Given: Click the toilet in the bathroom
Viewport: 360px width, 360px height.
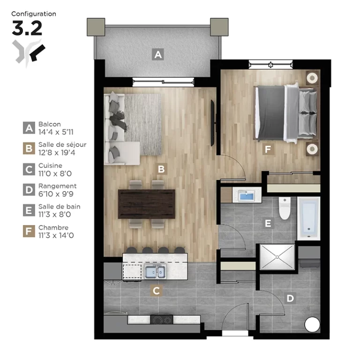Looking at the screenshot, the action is [285, 208].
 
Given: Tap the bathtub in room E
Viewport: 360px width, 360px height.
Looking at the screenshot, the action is [309, 218].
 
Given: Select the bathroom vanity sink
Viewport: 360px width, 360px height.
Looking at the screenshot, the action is [247, 195].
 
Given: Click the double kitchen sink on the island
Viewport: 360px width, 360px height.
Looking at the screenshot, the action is [155, 271].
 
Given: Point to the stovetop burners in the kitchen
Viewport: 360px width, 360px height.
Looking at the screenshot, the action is [162, 320].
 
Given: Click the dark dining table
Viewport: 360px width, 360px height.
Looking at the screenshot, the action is [147, 204].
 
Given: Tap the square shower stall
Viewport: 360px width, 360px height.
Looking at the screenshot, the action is [277, 257].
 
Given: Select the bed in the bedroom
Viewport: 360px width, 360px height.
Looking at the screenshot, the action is [286, 113].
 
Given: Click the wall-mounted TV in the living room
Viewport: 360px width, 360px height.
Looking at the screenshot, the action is [213, 123].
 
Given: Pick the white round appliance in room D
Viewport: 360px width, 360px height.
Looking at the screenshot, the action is [312, 324].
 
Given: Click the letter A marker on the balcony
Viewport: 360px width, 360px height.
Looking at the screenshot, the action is [158, 54].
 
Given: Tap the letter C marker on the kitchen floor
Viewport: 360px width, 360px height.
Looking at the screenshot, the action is [157, 291].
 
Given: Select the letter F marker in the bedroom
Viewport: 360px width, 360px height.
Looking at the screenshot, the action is [268, 149].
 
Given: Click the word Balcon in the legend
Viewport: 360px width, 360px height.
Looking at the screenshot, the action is [50, 124].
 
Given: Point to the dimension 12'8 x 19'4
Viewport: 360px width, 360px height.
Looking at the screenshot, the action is [57, 153].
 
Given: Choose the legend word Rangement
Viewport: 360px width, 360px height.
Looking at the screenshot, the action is [57, 186].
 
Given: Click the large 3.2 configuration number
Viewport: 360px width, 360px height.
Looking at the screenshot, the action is [27, 28].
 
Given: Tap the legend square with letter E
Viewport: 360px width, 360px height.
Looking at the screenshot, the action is [29, 210].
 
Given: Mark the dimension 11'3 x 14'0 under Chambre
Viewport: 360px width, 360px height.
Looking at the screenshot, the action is [56, 236].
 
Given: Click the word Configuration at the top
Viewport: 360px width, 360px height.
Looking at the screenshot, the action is [34, 14].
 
